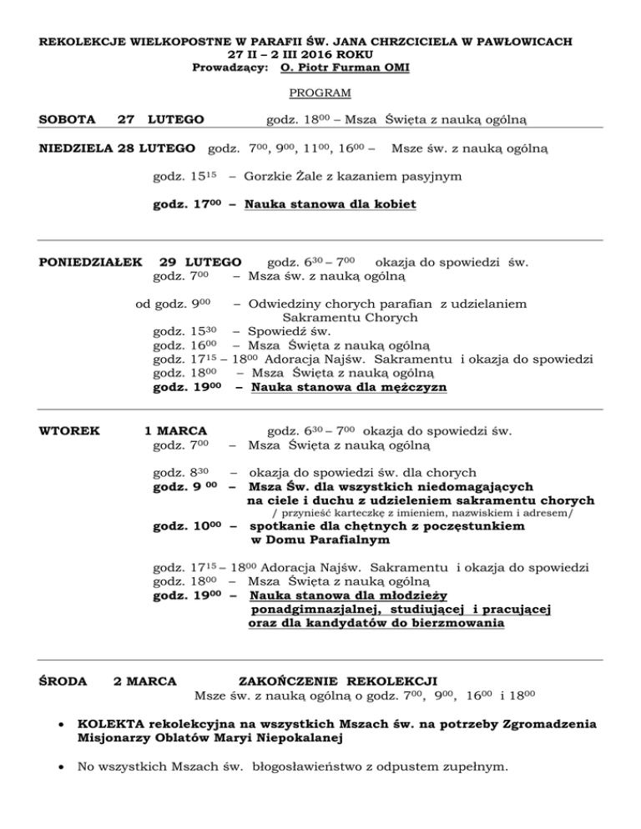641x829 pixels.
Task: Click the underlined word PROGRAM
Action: [x=320, y=93]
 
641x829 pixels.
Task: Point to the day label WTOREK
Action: [x=69, y=431]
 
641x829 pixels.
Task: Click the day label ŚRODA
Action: [x=63, y=681]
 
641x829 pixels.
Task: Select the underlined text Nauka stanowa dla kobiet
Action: [x=331, y=204]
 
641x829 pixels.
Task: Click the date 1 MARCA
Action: [x=175, y=431]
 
